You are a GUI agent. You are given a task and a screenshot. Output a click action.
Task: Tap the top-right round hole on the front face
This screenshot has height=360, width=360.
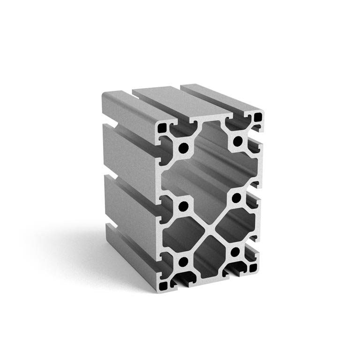click(238, 141)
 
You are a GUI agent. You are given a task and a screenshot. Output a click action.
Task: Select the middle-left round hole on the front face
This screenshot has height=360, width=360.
click(184, 206)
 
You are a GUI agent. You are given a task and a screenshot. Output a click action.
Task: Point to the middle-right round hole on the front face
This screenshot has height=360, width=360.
click(236, 197)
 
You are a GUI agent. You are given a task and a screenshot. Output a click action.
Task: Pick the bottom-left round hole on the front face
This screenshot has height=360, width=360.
click(183, 262)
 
